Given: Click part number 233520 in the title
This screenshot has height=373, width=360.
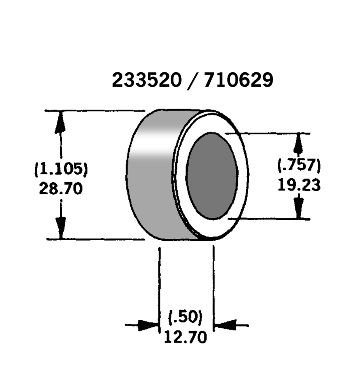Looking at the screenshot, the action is pos(147,80).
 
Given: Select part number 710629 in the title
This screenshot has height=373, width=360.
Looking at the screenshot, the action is pos(239,80).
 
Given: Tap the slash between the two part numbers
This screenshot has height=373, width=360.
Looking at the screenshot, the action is pos(192,81).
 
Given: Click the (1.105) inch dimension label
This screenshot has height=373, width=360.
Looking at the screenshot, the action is pos(61,169).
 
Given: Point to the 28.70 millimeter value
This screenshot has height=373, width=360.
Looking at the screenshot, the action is pos(61,188).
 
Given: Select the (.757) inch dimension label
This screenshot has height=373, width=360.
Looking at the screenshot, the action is pos(299,165).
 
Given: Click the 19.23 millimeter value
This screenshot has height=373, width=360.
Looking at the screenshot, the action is pos(299,185).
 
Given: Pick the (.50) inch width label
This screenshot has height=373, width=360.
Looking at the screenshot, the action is pos(185,317).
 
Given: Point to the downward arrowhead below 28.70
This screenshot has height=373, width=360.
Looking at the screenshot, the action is pos(61,228).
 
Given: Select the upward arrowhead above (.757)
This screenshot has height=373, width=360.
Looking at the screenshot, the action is pos(298,144).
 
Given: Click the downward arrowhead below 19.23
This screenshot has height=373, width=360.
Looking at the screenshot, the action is pos(299,207).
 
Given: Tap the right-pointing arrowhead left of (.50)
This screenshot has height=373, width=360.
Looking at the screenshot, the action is pos(148,325).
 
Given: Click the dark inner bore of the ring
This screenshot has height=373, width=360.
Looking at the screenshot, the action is pos(212,176).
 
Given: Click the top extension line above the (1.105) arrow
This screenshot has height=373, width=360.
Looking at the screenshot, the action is pos(95,111).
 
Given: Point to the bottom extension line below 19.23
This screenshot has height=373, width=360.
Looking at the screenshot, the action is pos(269,219).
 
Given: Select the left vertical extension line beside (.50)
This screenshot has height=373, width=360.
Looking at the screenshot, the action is pos(159,289).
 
